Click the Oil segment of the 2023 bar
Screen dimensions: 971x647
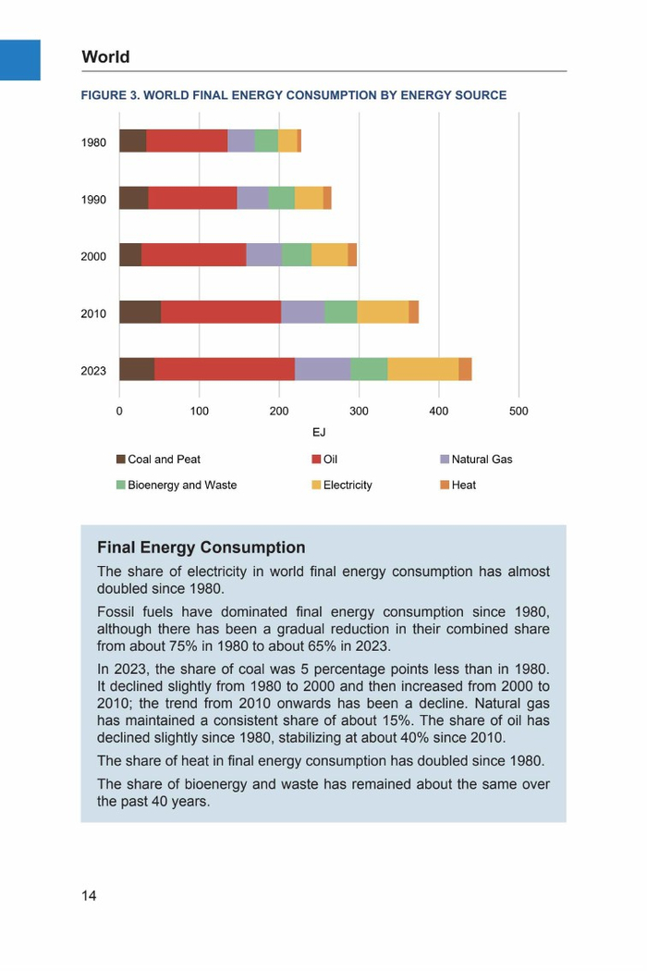tap(225, 369)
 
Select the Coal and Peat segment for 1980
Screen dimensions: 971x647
tap(132, 141)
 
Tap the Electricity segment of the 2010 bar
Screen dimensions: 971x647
tap(383, 312)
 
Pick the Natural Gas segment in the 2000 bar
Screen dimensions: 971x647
tap(263, 255)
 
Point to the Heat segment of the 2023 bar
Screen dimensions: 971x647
tap(465, 369)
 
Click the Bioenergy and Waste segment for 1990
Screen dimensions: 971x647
tap(281, 198)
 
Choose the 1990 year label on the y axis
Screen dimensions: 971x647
tap(93, 200)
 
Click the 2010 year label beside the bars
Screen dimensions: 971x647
tap(93, 314)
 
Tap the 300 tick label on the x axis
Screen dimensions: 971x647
tap(359, 411)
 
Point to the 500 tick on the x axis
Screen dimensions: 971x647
tap(519, 411)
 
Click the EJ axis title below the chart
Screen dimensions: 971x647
tap(319, 432)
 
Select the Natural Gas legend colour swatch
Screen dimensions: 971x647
tap(445, 460)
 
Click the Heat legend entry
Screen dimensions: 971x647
tap(463, 485)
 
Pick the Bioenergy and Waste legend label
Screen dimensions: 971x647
tap(182, 485)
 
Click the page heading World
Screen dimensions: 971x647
tap(105, 57)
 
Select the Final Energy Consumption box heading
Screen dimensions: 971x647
tap(201, 548)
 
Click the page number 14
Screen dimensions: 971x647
tap(89, 895)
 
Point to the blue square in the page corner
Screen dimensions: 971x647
tap(20, 60)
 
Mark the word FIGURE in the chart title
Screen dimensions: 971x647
tap(104, 95)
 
